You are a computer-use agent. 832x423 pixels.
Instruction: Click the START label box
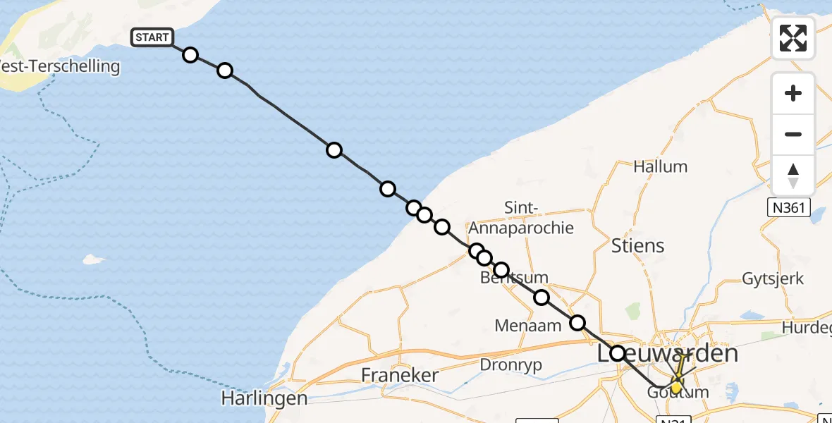click(152, 37)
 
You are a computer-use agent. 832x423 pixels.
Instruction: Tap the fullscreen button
click(793, 38)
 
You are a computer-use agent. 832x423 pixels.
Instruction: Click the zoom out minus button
click(793, 134)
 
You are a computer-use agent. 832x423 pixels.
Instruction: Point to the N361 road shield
click(789, 208)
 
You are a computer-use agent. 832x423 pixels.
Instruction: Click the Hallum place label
click(660, 167)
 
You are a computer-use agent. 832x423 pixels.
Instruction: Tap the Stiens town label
click(637, 245)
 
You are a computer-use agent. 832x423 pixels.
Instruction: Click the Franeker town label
click(399, 375)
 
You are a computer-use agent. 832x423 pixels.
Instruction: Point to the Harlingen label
click(264, 398)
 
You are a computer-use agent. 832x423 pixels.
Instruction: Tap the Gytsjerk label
click(773, 278)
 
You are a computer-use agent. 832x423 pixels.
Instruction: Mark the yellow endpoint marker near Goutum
click(676, 387)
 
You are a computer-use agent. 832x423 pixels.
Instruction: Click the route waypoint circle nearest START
click(190, 55)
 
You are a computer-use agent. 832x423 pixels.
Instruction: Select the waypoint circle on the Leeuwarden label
click(618, 353)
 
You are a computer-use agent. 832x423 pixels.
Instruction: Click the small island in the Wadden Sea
click(92, 259)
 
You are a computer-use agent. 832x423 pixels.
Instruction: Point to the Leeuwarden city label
click(668, 353)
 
